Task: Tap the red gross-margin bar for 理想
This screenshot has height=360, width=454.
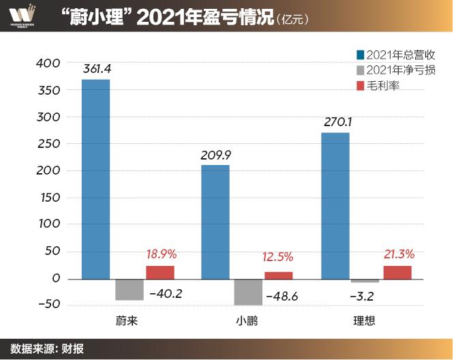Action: pos(397,272)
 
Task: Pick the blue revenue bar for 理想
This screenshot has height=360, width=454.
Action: pos(335,205)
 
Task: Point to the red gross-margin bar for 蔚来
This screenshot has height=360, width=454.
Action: pos(160,272)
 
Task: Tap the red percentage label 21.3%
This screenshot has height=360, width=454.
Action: pos(399,254)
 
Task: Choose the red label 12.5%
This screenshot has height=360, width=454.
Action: pos(277,257)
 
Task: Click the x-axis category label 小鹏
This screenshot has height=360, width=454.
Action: pos(247,320)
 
